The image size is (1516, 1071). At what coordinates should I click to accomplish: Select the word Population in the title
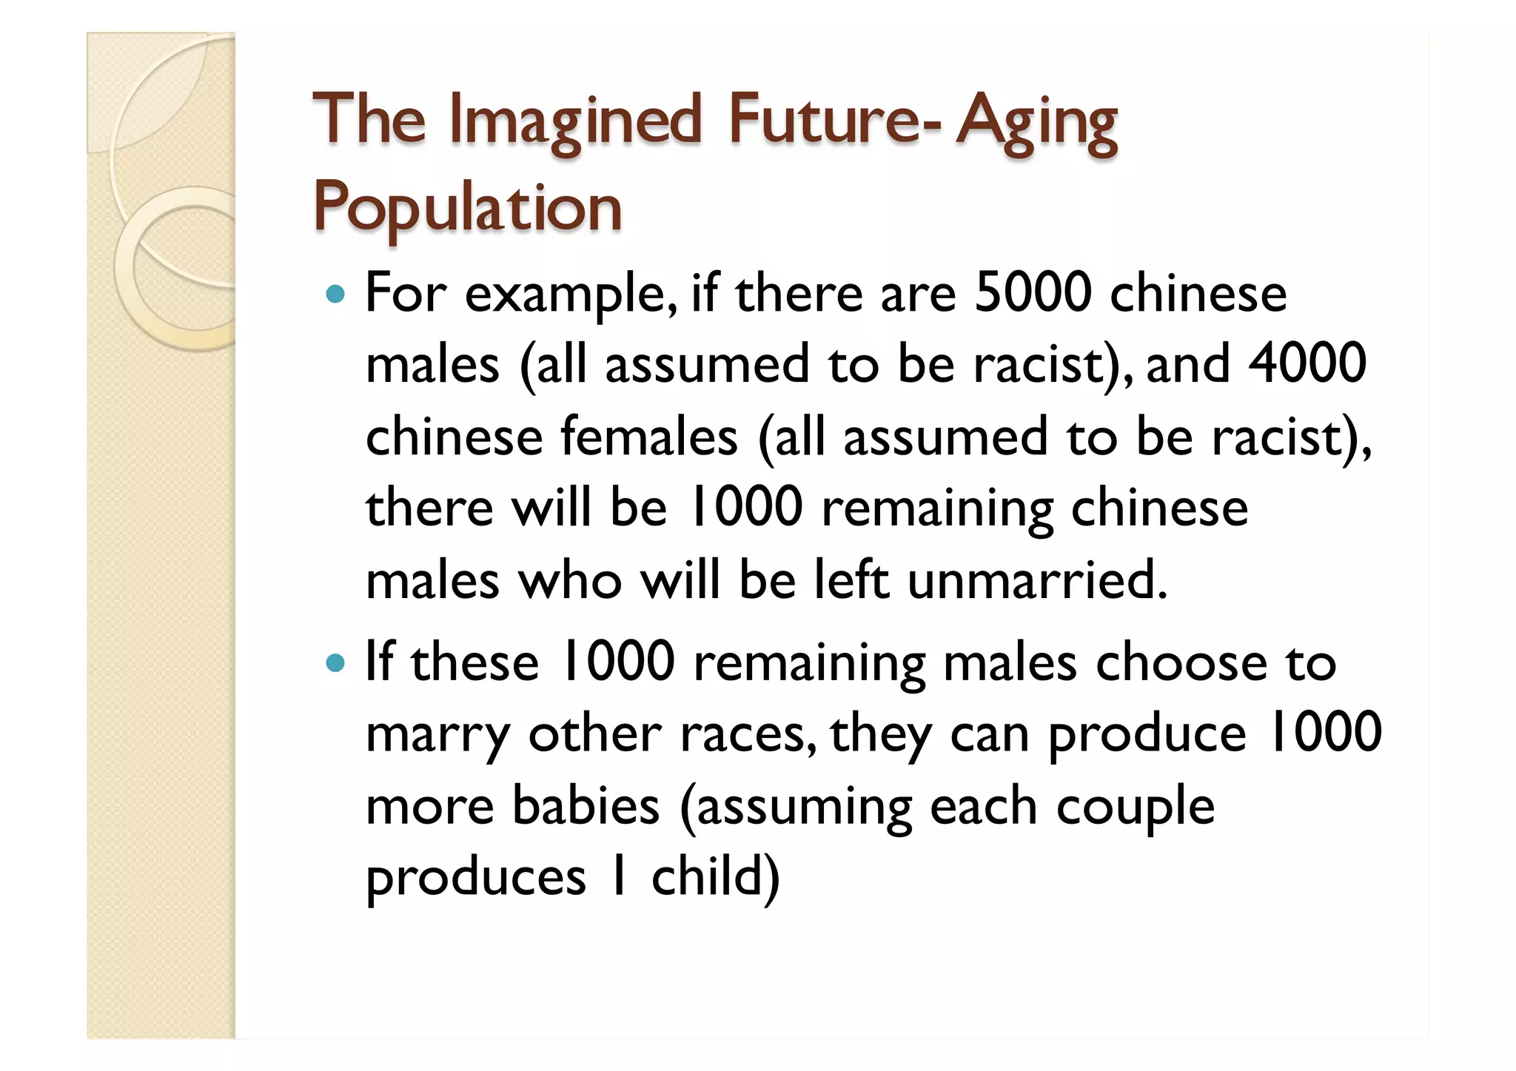467,208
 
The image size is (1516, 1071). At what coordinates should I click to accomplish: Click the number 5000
1033,293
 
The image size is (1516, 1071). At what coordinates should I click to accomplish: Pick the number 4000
1307,364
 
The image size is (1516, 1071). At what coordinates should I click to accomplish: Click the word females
648,436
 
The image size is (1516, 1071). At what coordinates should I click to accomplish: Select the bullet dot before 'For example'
335,294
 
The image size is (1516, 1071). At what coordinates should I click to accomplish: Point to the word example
570,295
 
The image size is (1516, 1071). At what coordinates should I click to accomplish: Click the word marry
437,734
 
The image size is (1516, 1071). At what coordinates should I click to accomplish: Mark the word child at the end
714,877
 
